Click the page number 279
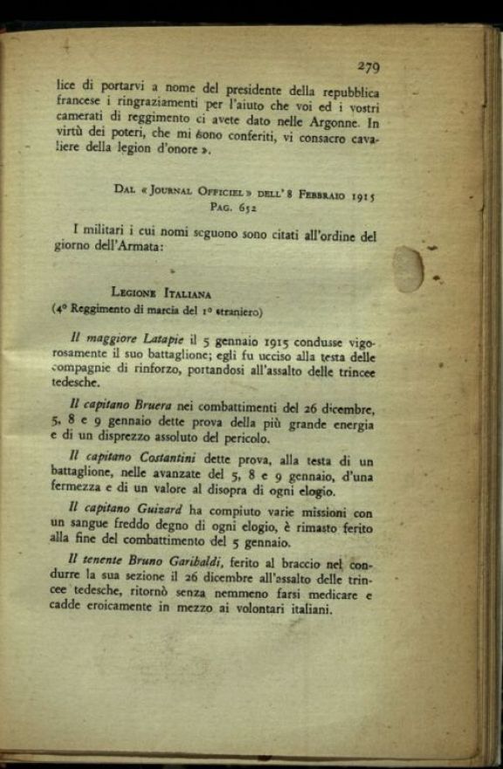pyautogui.click(x=368, y=65)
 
